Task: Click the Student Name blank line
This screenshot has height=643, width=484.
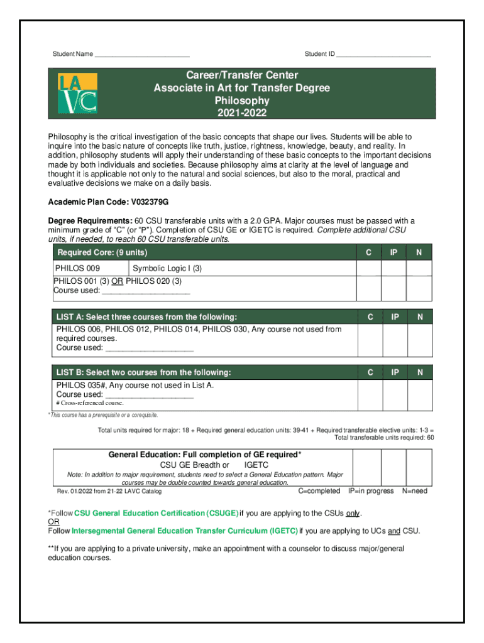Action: pos(142,55)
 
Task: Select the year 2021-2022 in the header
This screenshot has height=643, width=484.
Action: pos(242,113)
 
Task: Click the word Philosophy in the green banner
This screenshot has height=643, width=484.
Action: pos(242,100)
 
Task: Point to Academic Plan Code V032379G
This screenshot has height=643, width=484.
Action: pos(109,202)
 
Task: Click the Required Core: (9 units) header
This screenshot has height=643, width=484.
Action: pos(102,252)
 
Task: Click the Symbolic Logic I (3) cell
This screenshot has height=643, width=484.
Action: pos(167,269)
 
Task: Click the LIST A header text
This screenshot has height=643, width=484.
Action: pos(146,317)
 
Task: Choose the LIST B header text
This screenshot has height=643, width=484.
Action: pos(143,372)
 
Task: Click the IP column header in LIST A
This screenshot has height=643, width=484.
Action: pos(395,317)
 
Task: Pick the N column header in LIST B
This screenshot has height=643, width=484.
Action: pos(419,372)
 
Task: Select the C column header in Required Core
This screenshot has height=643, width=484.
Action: pos(369,252)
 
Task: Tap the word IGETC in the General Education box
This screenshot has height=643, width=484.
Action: pos(256,465)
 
